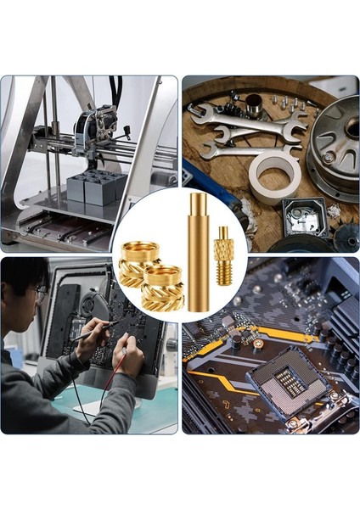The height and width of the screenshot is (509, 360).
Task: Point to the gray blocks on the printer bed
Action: tap(93, 187)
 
